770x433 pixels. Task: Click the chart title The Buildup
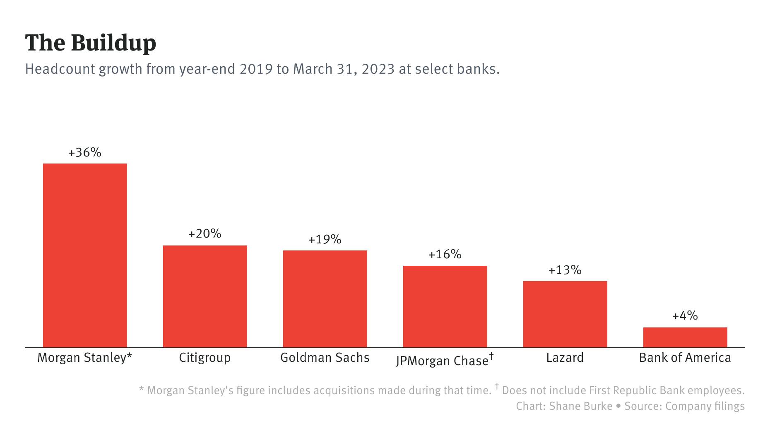point(91,43)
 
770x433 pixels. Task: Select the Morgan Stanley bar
point(85,255)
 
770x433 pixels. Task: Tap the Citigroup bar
point(205,296)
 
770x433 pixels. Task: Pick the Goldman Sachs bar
point(325,299)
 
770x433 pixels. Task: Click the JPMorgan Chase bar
point(445,306)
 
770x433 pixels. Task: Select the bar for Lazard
point(565,314)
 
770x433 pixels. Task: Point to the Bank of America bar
point(685,337)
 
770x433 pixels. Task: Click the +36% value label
point(85,153)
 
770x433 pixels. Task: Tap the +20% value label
point(205,234)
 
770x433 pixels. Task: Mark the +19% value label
point(325,240)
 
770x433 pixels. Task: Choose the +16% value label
point(445,255)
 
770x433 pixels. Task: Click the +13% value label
point(565,270)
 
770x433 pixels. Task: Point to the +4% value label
point(685,316)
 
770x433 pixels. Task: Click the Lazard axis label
point(565,358)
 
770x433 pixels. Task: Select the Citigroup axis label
point(205,358)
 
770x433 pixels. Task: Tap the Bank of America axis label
point(685,358)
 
